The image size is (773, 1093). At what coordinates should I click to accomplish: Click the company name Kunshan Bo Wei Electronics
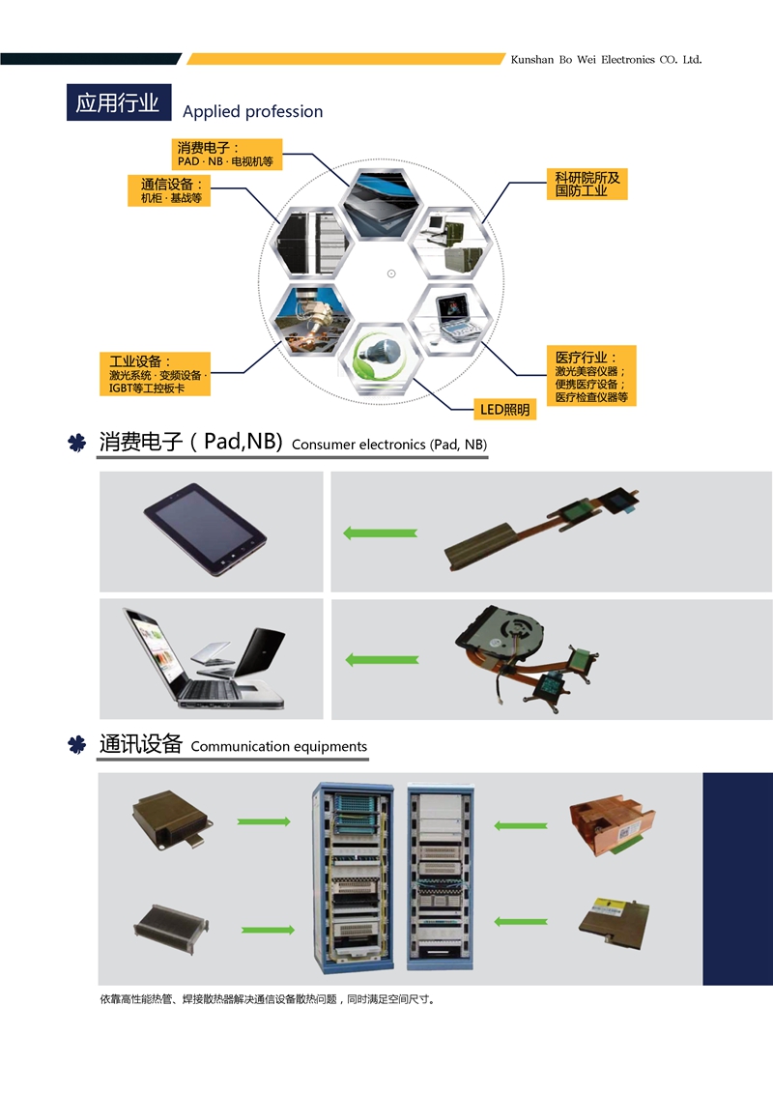pos(606,60)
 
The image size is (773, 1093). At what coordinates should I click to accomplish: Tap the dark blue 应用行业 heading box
pos(118,102)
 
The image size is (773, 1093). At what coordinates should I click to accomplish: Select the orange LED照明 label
pos(505,410)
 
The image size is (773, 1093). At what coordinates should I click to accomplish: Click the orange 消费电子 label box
pos(226,155)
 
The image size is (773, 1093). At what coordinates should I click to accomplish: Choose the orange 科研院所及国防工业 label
pos(587,185)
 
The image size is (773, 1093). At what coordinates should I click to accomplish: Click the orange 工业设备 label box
pos(155,374)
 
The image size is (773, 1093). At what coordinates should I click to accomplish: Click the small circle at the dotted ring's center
pos(391,273)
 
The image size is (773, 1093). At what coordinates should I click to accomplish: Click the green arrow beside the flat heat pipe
pos(381,532)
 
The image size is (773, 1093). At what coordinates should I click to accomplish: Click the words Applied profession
pos(253,112)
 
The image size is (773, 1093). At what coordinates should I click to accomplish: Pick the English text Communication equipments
pos(279,747)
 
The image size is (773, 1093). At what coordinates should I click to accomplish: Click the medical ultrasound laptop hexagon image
pos(449,319)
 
